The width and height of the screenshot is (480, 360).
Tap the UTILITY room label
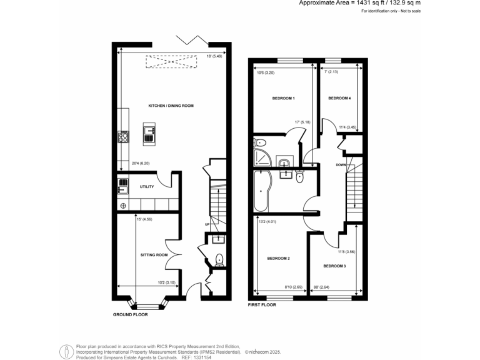click(147, 187)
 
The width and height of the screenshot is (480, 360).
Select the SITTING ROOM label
click(153, 255)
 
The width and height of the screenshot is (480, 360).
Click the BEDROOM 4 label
click(339, 99)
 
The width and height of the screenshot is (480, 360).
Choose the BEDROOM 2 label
click(278, 258)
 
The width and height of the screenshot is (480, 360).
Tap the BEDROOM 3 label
click(334, 266)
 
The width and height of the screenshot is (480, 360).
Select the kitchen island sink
click(149, 131)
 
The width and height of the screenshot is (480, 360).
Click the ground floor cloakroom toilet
click(219, 259)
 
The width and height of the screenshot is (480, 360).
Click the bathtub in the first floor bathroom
click(261, 192)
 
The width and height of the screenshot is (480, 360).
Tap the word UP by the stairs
click(207, 224)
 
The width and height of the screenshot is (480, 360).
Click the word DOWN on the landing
click(341, 165)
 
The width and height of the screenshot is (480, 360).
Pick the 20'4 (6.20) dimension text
click(140, 164)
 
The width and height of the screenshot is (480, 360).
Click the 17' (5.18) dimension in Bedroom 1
click(302, 122)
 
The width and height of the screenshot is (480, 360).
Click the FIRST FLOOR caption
click(262, 305)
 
